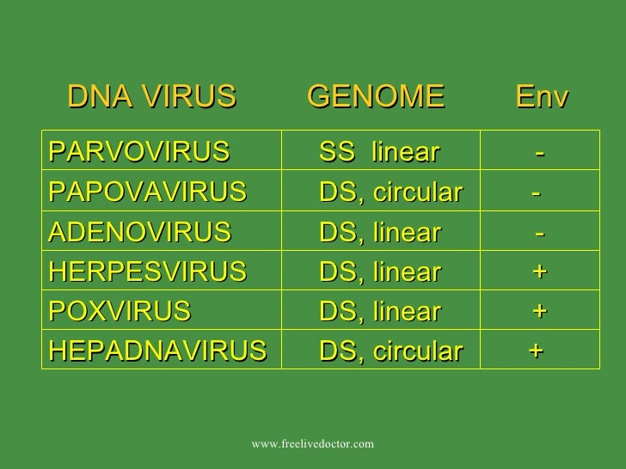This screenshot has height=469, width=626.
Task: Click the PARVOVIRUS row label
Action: [139, 153]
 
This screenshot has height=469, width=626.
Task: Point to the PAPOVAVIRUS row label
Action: [148, 192]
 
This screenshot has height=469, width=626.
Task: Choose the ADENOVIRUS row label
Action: [140, 232]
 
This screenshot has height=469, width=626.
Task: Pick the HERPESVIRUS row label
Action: [148, 271]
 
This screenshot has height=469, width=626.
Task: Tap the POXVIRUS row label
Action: [120, 311]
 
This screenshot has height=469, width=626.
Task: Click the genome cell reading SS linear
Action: [379, 153]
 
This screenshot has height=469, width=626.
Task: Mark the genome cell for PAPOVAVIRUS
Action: [390, 192]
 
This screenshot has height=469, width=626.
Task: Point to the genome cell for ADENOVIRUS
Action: [379, 232]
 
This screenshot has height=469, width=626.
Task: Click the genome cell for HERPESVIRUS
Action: [379, 271]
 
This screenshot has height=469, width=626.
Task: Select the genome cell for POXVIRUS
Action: [379, 311]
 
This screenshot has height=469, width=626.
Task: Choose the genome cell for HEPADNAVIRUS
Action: [390, 350]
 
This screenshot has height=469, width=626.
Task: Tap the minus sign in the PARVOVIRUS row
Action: [539, 153]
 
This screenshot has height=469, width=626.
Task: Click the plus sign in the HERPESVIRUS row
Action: [539, 271]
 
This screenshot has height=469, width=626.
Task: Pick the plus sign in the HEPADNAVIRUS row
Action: [536, 350]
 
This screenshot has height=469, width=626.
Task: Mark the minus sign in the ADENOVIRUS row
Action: [539, 232]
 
